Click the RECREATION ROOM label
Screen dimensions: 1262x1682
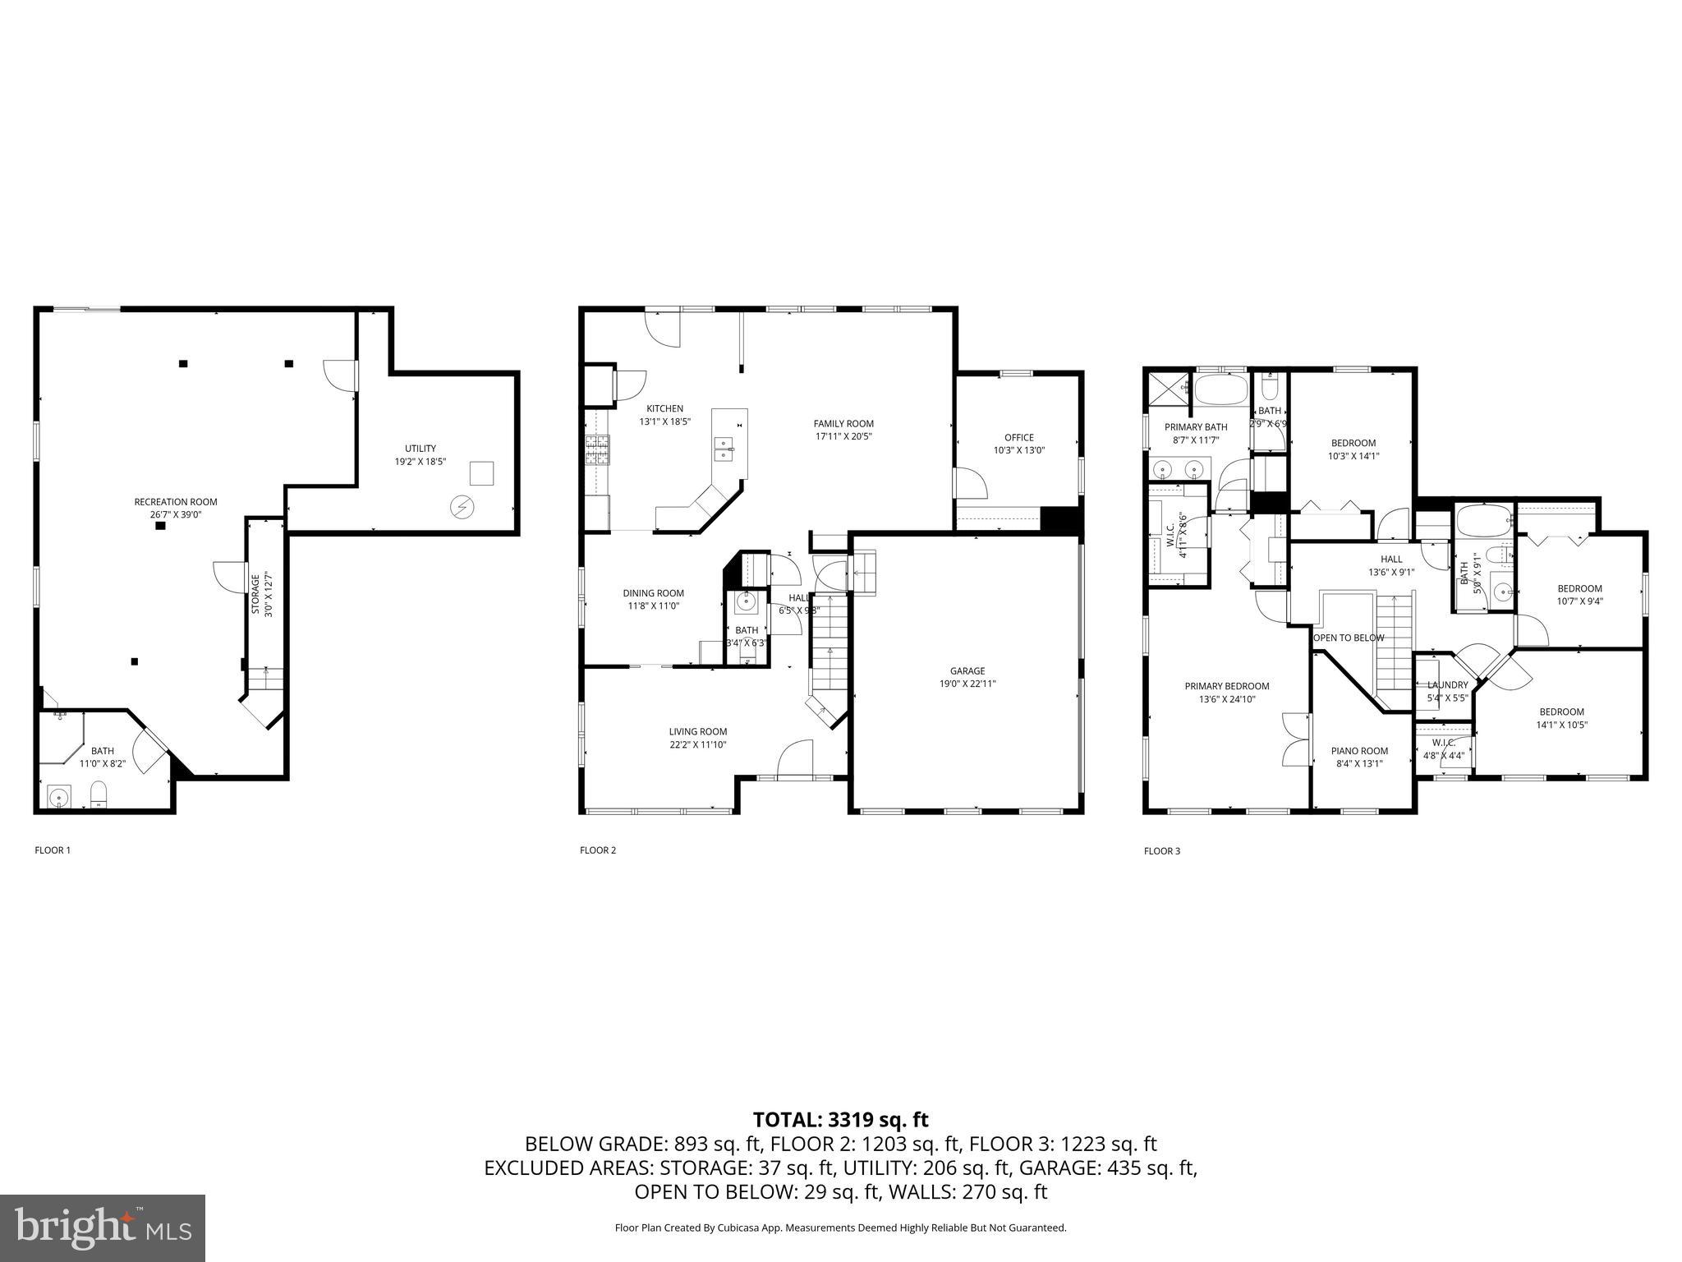pyautogui.click(x=176, y=502)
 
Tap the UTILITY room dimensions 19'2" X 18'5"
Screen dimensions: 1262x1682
pyautogui.click(x=420, y=462)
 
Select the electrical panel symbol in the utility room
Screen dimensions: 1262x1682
pyautogui.click(x=462, y=507)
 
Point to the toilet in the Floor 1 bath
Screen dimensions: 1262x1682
pyautogui.click(x=99, y=794)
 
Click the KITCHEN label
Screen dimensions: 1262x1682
pyautogui.click(x=664, y=408)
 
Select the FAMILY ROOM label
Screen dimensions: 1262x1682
pyautogui.click(x=843, y=424)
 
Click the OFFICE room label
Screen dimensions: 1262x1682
pyautogui.click(x=1019, y=437)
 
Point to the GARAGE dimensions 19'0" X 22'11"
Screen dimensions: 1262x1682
pyautogui.click(x=967, y=684)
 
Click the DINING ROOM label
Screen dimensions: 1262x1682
pyautogui.click(x=653, y=593)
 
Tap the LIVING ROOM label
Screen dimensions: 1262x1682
pyautogui.click(x=697, y=731)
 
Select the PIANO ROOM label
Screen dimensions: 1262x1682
pyautogui.click(x=1359, y=750)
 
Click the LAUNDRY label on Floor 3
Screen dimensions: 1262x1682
pyautogui.click(x=1447, y=685)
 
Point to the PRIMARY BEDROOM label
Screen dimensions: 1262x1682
pyautogui.click(x=1226, y=686)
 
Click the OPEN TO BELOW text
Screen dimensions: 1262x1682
pyautogui.click(x=1348, y=638)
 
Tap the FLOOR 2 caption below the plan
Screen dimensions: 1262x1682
pyautogui.click(x=597, y=850)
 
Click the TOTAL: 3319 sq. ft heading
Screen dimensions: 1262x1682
pyautogui.click(x=840, y=1120)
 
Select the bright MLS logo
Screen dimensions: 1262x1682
pyautogui.click(x=103, y=1228)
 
